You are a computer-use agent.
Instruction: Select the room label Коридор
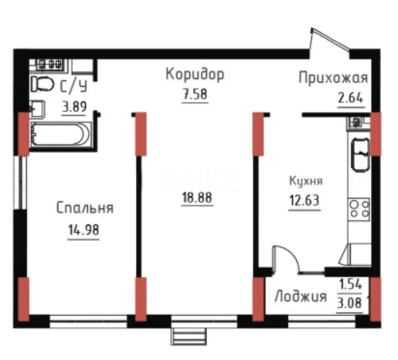click(x=195, y=75)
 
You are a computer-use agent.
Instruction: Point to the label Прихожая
click(x=333, y=78)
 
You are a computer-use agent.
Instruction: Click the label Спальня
click(x=84, y=208)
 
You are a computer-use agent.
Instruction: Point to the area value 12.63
click(x=304, y=200)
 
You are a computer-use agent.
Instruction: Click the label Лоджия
click(x=300, y=297)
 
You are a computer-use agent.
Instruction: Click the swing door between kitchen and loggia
click(x=285, y=260)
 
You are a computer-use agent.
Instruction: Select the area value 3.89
click(x=74, y=107)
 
